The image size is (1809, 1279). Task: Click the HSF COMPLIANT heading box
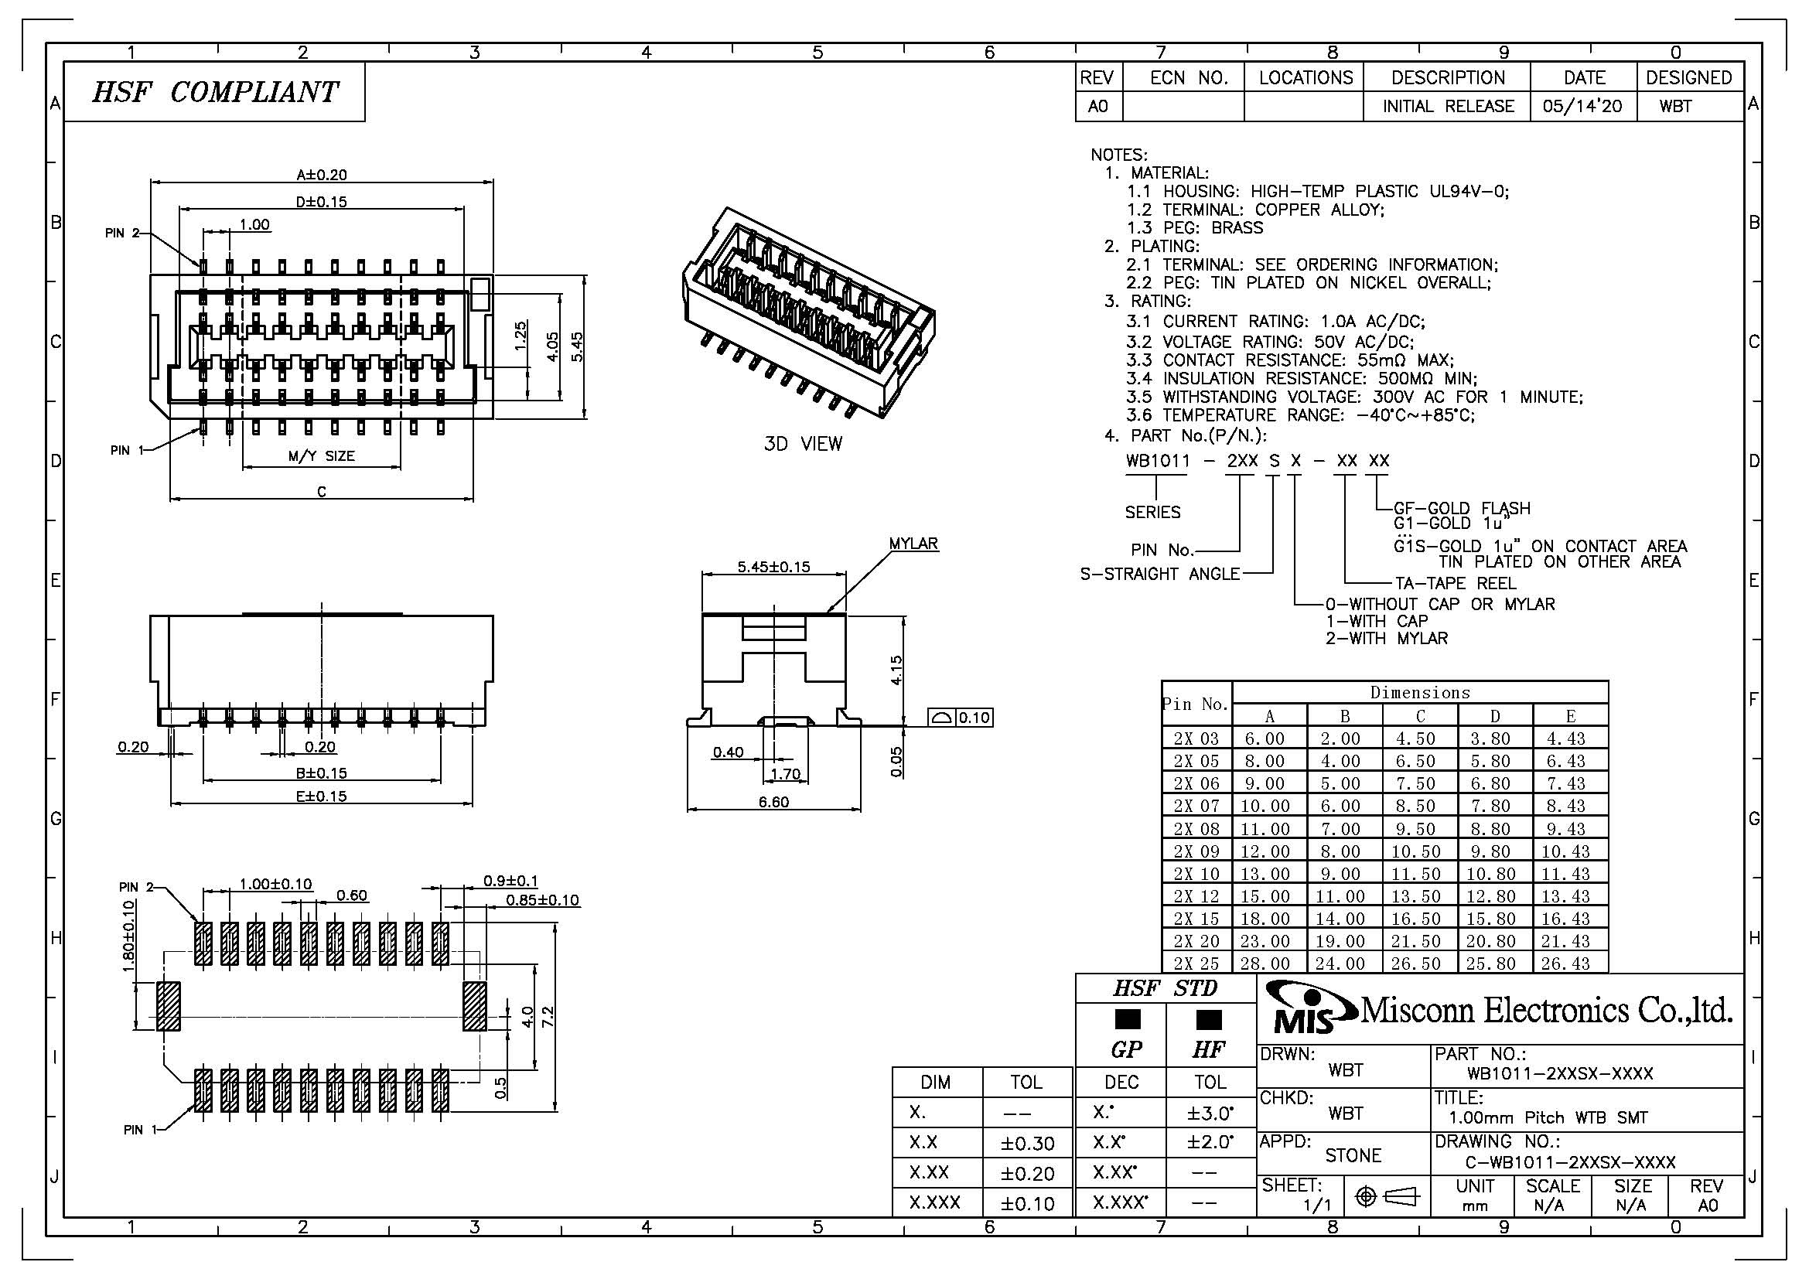coord(213,92)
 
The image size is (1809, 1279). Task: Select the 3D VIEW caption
coord(803,444)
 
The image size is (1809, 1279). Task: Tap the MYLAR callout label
coord(913,544)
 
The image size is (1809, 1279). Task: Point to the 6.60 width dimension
coord(773,802)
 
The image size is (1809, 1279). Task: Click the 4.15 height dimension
coord(896,670)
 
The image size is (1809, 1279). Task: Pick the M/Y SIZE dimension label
coord(322,456)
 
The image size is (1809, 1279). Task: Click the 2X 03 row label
coord(1195,738)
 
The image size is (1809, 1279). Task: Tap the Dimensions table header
coord(1420,692)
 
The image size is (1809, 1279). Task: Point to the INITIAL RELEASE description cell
coord(1448,106)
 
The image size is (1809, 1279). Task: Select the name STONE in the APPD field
coord(1353,1155)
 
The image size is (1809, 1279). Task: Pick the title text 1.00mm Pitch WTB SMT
coord(1548,1117)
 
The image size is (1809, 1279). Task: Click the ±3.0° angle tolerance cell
coord(1210,1114)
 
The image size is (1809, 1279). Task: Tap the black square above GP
coord(1128,1019)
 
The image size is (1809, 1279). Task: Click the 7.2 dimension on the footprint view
coord(550,1017)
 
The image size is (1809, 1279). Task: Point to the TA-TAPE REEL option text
coord(1456,584)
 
